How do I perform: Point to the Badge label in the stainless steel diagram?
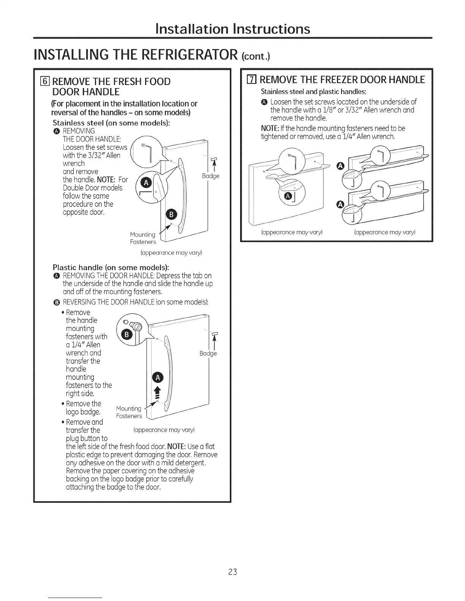coord(210,176)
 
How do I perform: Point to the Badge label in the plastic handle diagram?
coord(208,353)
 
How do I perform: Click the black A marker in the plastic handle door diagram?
coord(157,377)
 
